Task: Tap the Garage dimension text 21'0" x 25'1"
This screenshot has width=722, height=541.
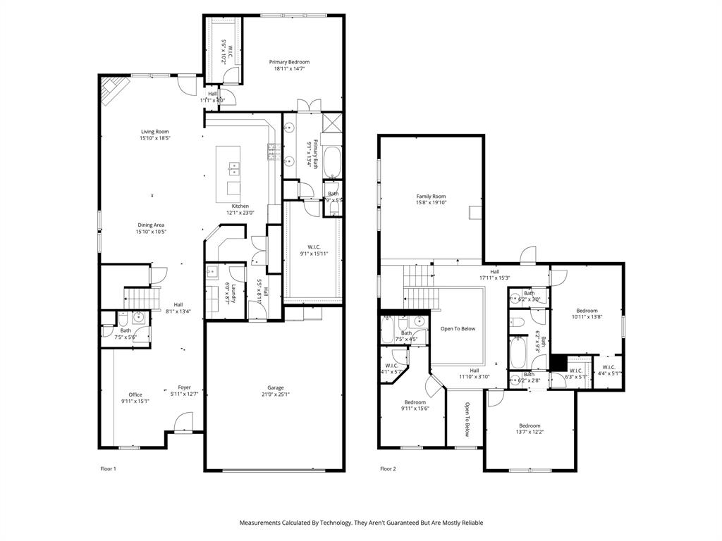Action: pyautogui.click(x=275, y=394)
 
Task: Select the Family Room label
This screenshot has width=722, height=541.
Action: pyautogui.click(x=431, y=197)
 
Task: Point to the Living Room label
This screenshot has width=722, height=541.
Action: pyautogui.click(x=155, y=131)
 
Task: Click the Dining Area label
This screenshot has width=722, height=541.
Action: pyautogui.click(x=151, y=225)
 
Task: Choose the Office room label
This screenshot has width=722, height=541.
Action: pyautogui.click(x=135, y=394)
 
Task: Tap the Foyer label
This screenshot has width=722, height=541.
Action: pyautogui.click(x=184, y=387)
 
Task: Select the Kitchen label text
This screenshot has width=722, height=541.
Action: pyautogui.click(x=240, y=206)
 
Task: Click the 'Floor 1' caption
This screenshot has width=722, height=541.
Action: pyautogui.click(x=108, y=468)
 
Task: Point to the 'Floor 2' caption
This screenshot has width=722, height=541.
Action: pyautogui.click(x=388, y=468)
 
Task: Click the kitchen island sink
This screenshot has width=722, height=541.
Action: pyautogui.click(x=233, y=168)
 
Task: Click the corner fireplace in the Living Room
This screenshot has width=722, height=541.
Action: pyautogui.click(x=114, y=89)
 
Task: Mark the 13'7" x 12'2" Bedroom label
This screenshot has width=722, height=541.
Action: pyautogui.click(x=530, y=425)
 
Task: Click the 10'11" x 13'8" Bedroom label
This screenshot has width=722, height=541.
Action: pyautogui.click(x=587, y=311)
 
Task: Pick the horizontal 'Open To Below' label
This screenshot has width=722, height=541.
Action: pyautogui.click(x=458, y=328)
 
